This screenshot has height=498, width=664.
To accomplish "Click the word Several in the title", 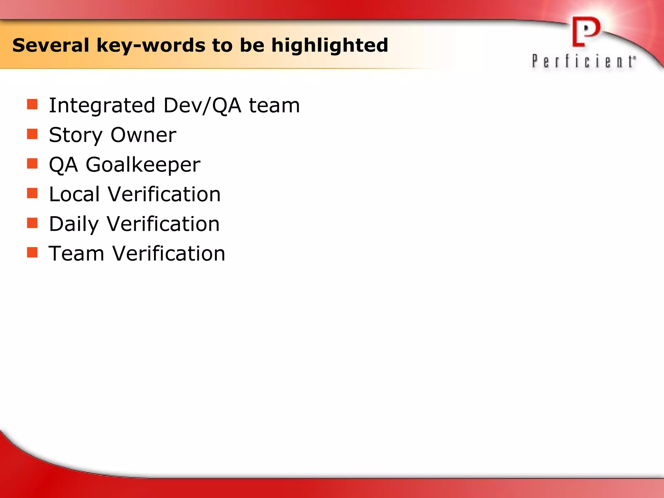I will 51,45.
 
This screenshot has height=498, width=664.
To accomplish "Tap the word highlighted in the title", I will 330,45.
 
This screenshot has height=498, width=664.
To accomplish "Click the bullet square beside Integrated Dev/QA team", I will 32,104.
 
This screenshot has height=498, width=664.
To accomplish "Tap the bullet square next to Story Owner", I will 32,134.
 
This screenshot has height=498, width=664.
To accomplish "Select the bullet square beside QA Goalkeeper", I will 32,163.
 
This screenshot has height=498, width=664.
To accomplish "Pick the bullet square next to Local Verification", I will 32,193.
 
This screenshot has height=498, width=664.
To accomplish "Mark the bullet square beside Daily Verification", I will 32,223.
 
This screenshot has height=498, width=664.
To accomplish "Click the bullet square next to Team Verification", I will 32,252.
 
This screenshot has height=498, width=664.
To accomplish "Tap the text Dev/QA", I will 202,106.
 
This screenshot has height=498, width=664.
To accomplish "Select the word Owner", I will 144,135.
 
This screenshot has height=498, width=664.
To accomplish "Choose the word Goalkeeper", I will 143,165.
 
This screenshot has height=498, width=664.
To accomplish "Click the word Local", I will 74,194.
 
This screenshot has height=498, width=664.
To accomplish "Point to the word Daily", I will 74,224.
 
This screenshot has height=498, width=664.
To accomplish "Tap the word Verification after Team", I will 169,254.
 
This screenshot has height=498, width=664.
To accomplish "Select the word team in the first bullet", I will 274,106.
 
